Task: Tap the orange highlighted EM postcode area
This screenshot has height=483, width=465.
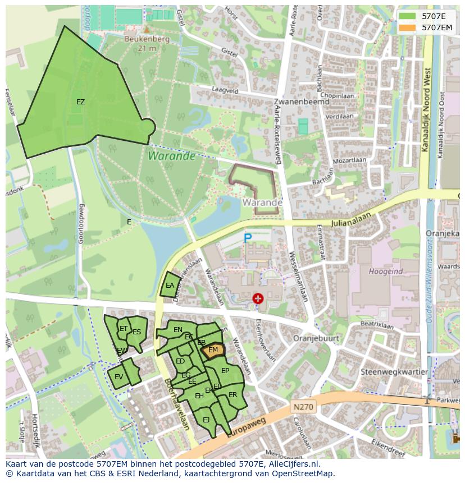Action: tap(213, 350)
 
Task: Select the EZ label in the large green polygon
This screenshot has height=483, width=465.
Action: tap(81, 102)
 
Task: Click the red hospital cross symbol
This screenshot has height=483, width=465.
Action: tap(258, 298)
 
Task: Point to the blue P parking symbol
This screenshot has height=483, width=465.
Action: tap(248, 238)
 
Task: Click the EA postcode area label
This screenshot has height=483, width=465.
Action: tap(170, 286)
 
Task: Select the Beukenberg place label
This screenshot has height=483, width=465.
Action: tap(147, 40)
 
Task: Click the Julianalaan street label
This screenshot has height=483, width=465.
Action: tap(348, 223)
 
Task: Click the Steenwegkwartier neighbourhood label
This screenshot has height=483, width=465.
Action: tap(394, 372)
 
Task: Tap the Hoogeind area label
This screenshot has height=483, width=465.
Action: tap(385, 272)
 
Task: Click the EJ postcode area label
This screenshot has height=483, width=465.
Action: tap(206, 420)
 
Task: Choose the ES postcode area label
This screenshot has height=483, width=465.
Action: tap(136, 332)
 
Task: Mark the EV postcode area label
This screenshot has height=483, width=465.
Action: tap(118, 377)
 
